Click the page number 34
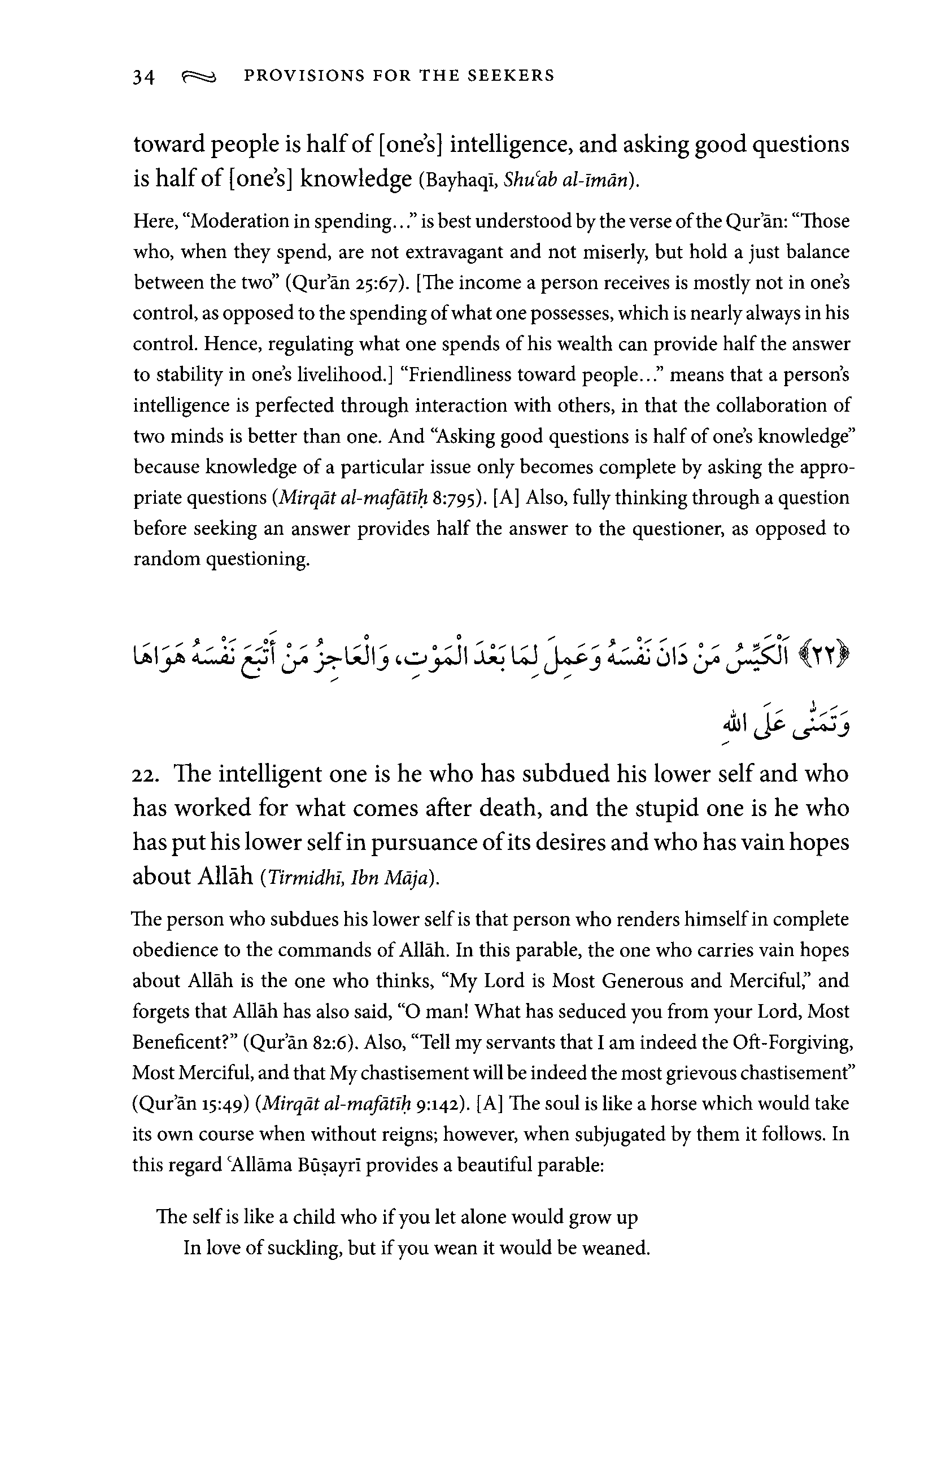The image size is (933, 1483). coord(143,77)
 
